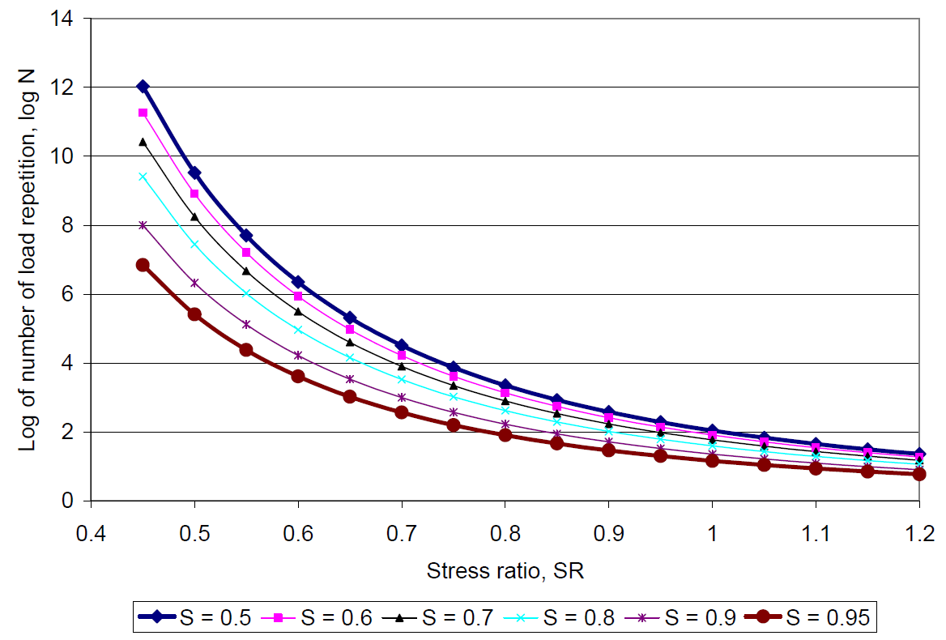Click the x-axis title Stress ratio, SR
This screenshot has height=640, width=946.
(505, 570)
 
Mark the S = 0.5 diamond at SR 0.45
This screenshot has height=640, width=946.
(143, 87)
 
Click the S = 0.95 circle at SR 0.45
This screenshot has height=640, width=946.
(143, 265)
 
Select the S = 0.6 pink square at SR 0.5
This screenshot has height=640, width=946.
(194, 194)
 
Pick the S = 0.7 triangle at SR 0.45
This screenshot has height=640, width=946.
(143, 142)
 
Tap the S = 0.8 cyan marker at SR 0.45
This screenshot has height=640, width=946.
(143, 177)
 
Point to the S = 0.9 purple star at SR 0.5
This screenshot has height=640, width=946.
(194, 283)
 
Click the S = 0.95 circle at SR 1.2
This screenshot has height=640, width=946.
(918, 474)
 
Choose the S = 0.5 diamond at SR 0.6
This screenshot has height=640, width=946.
(298, 282)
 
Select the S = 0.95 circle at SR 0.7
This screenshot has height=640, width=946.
(402, 412)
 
